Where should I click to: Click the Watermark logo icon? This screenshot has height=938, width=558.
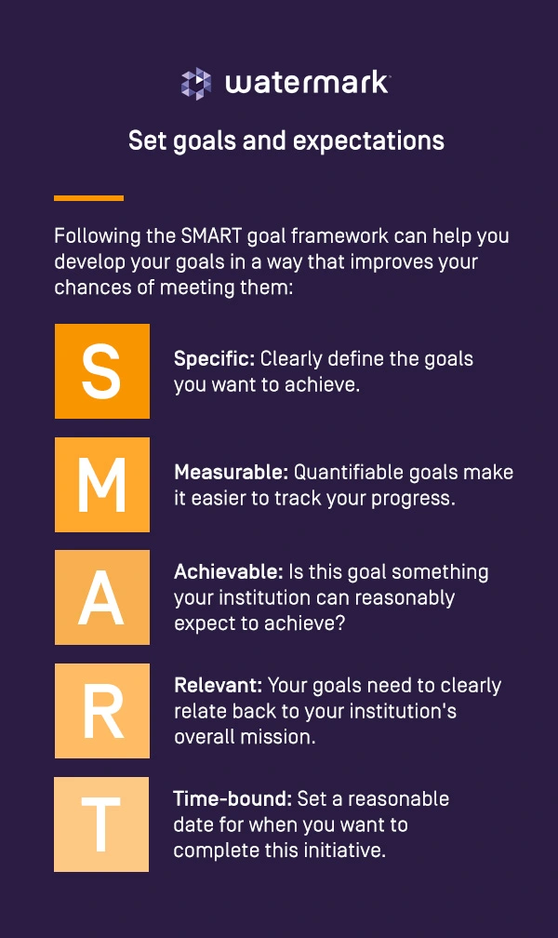tap(196, 84)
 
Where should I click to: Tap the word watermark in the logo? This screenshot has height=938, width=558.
tap(307, 83)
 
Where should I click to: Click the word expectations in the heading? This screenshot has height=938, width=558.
tap(368, 141)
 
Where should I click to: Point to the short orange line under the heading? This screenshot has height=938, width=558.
tap(88, 198)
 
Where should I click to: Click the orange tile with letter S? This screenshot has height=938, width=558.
tap(102, 371)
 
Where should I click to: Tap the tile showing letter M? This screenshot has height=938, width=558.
tap(102, 485)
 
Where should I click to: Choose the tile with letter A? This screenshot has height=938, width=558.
tap(102, 597)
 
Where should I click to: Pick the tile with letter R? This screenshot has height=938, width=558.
tap(102, 711)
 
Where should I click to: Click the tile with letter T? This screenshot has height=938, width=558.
tap(101, 824)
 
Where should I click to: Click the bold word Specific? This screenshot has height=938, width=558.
tap(214, 359)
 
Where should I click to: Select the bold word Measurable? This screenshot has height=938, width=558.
tap(232, 473)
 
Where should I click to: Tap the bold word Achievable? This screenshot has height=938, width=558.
tap(229, 572)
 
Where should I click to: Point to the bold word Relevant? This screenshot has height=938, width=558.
tap(219, 686)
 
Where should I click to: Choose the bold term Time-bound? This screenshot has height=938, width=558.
tap(232, 799)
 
